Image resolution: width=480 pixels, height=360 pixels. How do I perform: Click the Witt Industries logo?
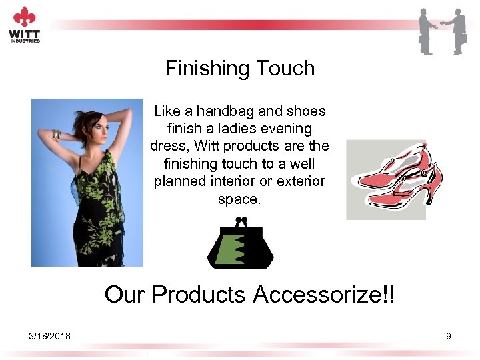(25, 25)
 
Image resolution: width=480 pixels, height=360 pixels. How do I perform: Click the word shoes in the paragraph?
(305, 111)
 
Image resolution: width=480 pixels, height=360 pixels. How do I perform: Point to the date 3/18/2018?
(50, 336)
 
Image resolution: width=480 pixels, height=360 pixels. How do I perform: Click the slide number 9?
(449, 336)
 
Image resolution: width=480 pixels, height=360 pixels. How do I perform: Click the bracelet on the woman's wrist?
(57, 136)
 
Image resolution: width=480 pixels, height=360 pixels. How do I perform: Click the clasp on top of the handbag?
(241, 221)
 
